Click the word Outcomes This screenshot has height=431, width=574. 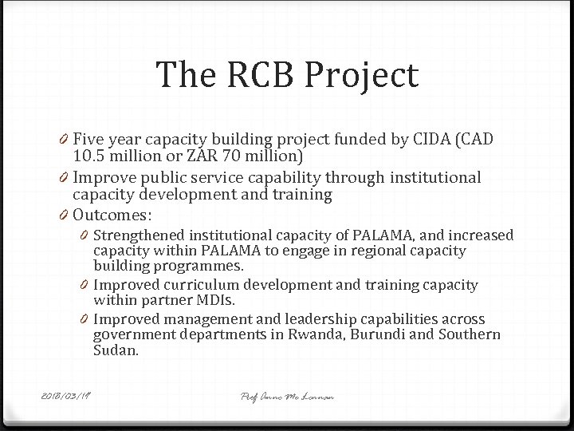[x=112, y=215]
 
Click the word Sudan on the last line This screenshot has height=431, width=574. [x=116, y=350]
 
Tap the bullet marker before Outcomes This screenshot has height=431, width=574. [x=64, y=216]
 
